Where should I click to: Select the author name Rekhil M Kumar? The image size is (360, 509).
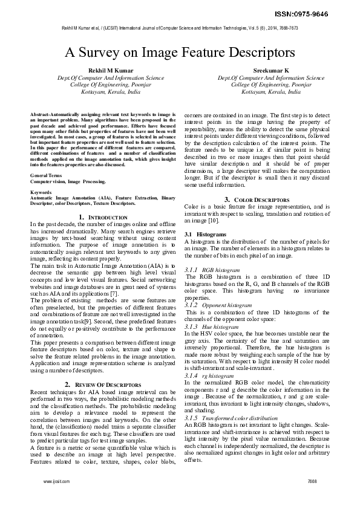(105, 70)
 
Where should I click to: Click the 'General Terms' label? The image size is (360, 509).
(43, 175)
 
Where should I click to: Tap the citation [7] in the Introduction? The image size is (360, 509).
(109, 276)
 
